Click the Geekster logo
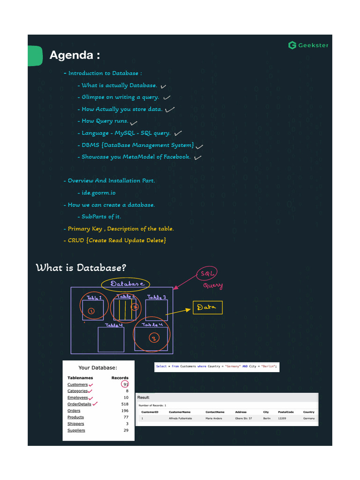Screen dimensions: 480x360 pyautogui.click(x=308, y=45)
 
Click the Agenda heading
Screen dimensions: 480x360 pyautogui.click(x=75, y=55)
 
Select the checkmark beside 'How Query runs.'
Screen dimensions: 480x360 pyautogui.click(x=134, y=123)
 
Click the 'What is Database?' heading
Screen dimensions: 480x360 pyautogui.click(x=81, y=268)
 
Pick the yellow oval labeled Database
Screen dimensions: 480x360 pyautogui.click(x=125, y=284)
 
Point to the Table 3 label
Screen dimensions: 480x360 pyautogui.click(x=157, y=297)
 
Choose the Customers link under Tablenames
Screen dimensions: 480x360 pyautogui.click(x=77, y=384)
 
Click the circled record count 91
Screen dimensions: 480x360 pyautogui.click(x=125, y=384)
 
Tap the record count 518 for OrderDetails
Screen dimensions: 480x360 pyautogui.click(x=125, y=404)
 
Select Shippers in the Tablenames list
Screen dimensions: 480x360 pyautogui.click(x=75, y=424)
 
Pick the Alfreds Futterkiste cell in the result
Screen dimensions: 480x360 pyautogui.click(x=180, y=418)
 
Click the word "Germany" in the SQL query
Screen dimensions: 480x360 pyautogui.click(x=233, y=367)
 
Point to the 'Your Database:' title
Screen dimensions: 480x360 pyautogui.click(x=97, y=368)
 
